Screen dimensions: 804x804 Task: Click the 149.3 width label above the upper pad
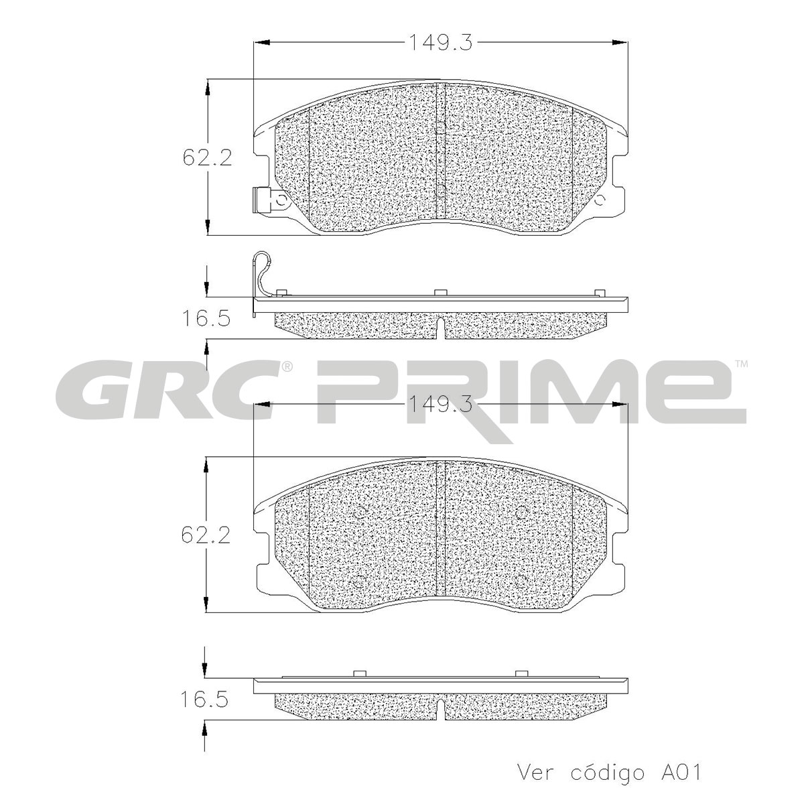[441, 43]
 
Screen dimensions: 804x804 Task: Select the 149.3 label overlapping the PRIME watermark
[441, 404]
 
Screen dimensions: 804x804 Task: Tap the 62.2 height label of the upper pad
[207, 157]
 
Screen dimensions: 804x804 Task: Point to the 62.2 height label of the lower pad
[206, 535]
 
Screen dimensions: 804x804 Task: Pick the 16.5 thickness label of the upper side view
[206, 319]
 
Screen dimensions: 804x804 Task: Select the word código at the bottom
[607, 773]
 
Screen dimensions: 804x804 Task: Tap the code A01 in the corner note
[681, 772]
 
